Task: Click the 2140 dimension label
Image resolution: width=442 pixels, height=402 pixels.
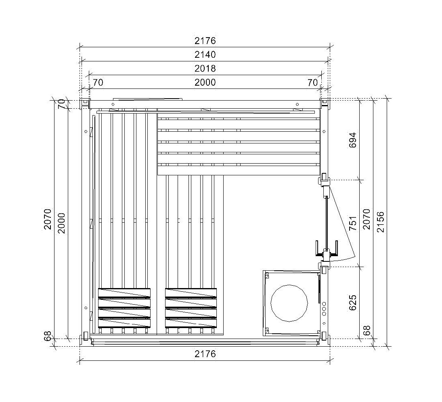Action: [205, 55]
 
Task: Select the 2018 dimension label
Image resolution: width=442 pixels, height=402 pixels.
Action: [205, 69]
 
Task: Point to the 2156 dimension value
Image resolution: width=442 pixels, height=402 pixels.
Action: [380, 222]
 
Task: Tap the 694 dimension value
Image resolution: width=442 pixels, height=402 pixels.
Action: [353, 140]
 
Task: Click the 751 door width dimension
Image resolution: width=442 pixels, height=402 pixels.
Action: [353, 223]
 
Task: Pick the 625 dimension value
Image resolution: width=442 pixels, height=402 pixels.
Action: [353, 303]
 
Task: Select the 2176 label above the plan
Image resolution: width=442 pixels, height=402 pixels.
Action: [205, 41]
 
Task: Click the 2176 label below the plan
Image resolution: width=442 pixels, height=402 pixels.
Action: [205, 354]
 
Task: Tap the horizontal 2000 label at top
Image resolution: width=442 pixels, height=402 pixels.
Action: [205, 82]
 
